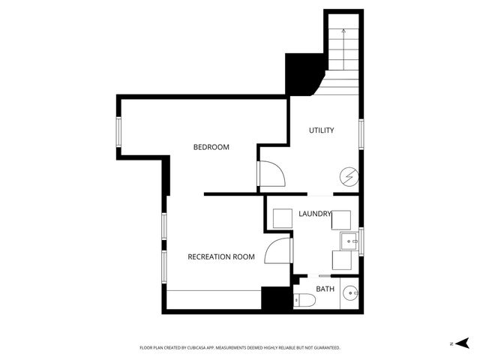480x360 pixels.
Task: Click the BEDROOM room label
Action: point(211,147)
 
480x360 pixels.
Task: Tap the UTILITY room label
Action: point(321,130)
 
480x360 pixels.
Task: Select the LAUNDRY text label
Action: point(314,214)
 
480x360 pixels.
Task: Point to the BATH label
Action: point(325,289)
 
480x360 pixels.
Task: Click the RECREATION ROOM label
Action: point(220,256)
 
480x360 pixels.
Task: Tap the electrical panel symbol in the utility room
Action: point(349,177)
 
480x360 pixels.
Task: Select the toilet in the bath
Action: point(304,301)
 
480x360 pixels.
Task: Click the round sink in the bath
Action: point(350,293)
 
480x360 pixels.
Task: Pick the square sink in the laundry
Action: point(349,241)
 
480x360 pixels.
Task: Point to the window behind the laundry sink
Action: point(361,240)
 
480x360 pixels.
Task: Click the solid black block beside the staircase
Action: point(302,72)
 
